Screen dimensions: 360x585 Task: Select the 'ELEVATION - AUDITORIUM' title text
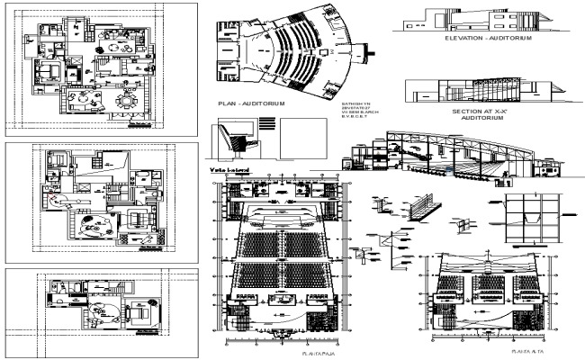pyautogui.click(x=487, y=40)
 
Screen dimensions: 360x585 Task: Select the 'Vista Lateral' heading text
pyautogui.click(x=229, y=169)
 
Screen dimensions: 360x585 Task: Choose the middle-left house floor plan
pyautogui.click(x=101, y=200)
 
